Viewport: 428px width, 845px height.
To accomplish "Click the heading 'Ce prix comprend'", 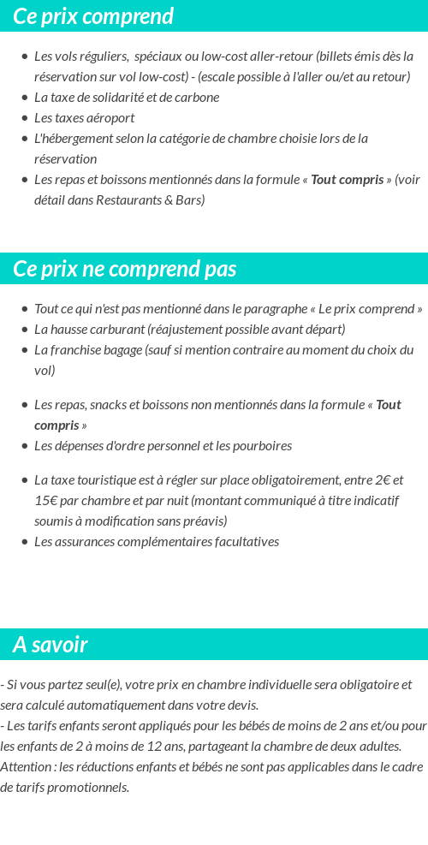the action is click(93, 16).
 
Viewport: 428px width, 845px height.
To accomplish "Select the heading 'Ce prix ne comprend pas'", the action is click(124, 269).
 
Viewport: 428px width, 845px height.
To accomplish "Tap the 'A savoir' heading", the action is click(50, 645).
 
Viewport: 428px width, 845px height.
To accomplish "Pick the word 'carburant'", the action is click(116, 330).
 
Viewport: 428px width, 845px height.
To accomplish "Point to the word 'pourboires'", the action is click(262, 446).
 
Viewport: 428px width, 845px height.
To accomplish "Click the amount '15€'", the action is click(46, 501).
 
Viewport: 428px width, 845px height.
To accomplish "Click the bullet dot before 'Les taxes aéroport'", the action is click(24, 118).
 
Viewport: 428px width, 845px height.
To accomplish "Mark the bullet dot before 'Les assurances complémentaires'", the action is click(24, 542).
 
